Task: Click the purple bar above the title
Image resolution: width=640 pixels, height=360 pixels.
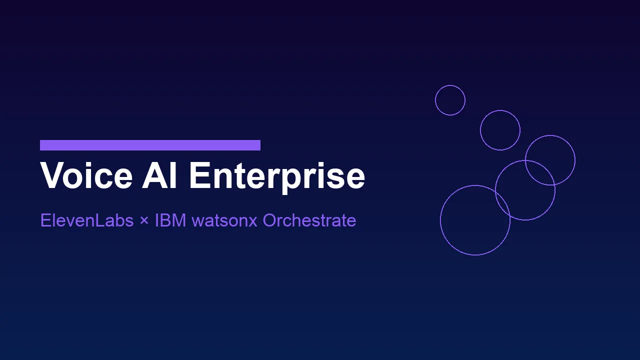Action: pyautogui.click(x=150, y=145)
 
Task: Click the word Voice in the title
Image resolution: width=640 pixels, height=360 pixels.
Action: pyautogui.click(x=86, y=175)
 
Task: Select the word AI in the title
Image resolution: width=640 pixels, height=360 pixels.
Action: pyautogui.click(x=159, y=175)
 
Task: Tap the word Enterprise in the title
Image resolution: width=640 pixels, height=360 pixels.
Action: pyautogui.click(x=276, y=175)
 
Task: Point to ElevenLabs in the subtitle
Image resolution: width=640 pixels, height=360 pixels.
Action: pyautogui.click(x=87, y=220)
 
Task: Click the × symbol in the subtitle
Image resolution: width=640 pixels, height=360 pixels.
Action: pyautogui.click(x=144, y=221)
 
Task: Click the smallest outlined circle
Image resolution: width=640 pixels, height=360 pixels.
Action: pyautogui.click(x=450, y=100)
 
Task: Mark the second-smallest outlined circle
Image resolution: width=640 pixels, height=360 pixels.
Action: pyautogui.click(x=500, y=130)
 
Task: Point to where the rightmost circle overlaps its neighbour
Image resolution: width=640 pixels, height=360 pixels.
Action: pyautogui.click(x=540, y=172)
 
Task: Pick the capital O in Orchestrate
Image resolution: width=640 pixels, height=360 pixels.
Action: pyautogui.click(x=270, y=220)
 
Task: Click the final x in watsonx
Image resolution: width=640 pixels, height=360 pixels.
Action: pyautogui.click(x=253, y=221)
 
